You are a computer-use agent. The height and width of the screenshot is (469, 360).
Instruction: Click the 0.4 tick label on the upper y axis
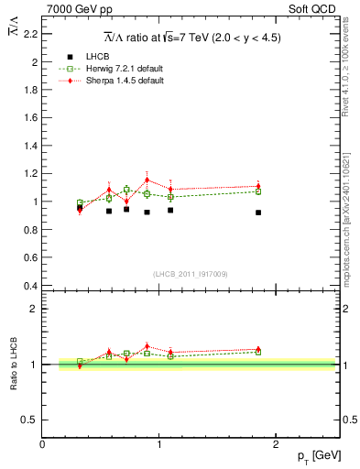pos(31,285)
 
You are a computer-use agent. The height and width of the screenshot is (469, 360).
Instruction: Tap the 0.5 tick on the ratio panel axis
pos(31,420)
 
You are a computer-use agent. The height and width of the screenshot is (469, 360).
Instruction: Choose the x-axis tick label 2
pos(276,444)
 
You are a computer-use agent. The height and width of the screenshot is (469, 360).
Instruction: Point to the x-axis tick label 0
pos(42,444)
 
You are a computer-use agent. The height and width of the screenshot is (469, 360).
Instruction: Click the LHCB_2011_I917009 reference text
pos(191,274)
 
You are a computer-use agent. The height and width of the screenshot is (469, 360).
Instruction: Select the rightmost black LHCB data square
pos(258,213)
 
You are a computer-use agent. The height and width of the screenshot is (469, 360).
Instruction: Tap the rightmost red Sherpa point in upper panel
pos(258,186)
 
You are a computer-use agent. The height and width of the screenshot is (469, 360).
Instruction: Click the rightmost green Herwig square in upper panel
pos(258,191)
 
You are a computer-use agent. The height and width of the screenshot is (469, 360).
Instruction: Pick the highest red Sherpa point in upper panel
pos(147,180)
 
